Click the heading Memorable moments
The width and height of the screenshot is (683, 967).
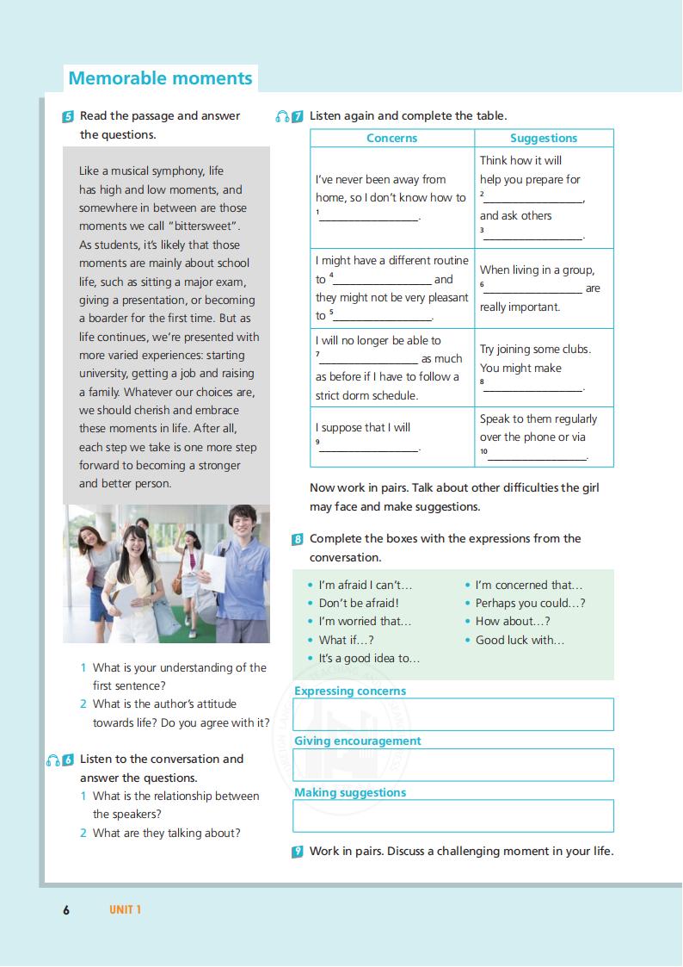tap(160, 78)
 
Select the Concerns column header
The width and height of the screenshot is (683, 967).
tap(391, 138)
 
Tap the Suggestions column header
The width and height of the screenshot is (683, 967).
tap(544, 138)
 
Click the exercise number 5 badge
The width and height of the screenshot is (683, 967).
tap(68, 116)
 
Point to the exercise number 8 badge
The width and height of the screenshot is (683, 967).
tap(298, 539)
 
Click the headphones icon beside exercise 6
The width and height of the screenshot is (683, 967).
tap(53, 759)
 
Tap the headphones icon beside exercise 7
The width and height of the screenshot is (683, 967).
tap(282, 116)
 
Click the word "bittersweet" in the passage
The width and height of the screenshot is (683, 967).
tap(202, 226)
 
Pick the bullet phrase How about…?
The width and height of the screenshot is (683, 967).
tap(513, 622)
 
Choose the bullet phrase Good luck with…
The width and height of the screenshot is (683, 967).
tap(520, 640)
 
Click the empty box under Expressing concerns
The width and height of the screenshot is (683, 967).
tap(453, 715)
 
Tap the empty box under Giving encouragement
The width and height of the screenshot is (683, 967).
tap(453, 765)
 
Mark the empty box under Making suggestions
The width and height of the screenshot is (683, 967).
tap(453, 815)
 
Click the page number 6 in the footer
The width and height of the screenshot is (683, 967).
tap(66, 909)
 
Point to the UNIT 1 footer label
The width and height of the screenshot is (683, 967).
tap(125, 909)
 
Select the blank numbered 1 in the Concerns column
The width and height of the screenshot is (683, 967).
tap(370, 217)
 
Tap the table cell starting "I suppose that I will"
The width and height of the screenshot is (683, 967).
tap(391, 437)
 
